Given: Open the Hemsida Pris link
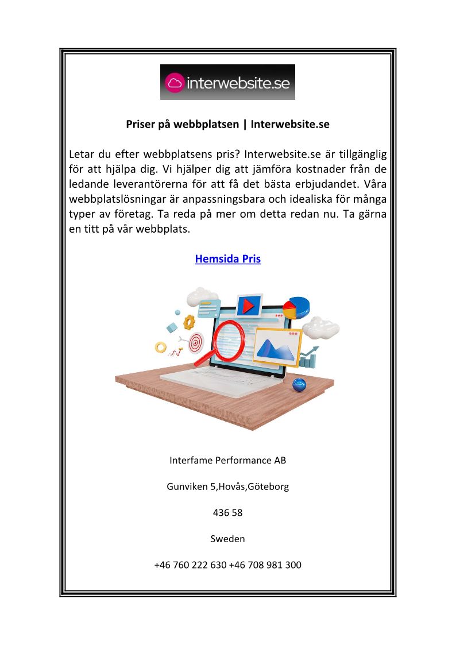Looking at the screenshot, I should click(x=228, y=259).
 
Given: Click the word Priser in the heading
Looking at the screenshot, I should click(x=141, y=124).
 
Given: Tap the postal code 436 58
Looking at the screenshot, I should click(x=228, y=513).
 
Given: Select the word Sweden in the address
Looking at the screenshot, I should click(x=228, y=539).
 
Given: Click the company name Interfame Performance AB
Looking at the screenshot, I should click(x=228, y=461).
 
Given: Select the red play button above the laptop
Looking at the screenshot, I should click(x=249, y=306).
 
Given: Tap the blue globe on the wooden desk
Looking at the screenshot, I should click(x=299, y=385).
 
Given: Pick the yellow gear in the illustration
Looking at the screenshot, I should click(x=190, y=322).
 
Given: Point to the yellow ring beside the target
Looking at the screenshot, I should click(x=161, y=347).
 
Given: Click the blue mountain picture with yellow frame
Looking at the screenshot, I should click(x=277, y=347).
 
